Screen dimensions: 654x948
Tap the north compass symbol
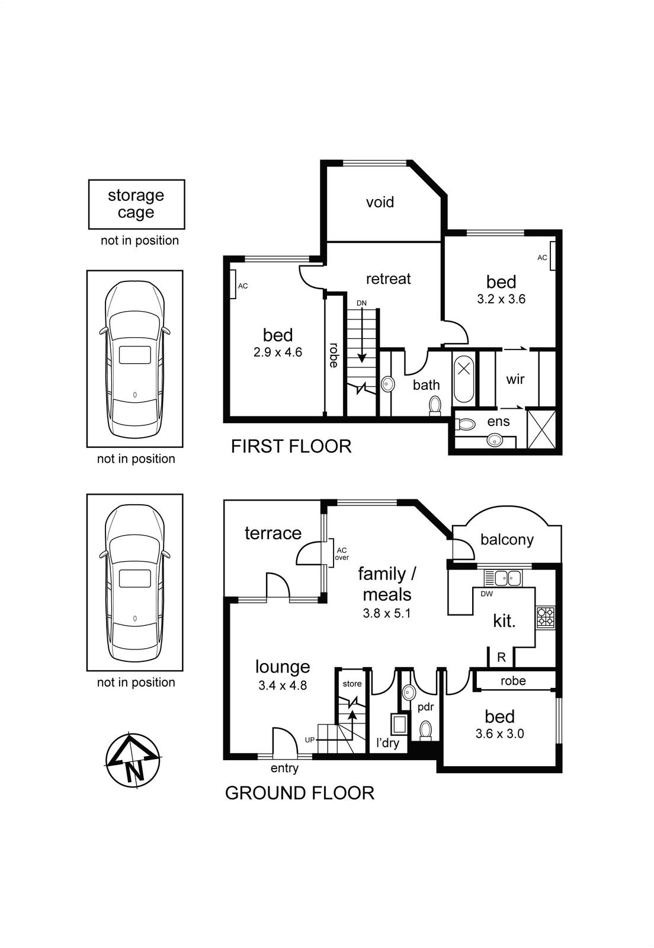point(133,759)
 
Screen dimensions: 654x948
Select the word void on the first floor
point(380,202)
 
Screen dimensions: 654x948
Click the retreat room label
point(388,279)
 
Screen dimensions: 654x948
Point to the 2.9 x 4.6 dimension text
point(277,352)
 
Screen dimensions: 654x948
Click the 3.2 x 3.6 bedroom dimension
point(501,299)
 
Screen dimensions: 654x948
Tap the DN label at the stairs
point(361,303)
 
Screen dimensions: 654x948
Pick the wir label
point(515,379)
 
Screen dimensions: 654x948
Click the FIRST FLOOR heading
point(291,447)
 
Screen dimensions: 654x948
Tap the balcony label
point(506,540)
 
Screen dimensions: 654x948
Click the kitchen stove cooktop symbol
point(545,617)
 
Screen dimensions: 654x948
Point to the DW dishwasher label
point(486,594)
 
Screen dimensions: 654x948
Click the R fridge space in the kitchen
point(501,657)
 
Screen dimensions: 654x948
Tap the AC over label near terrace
point(341,554)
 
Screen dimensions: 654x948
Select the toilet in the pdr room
point(425,730)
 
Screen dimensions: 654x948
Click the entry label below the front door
point(284,768)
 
